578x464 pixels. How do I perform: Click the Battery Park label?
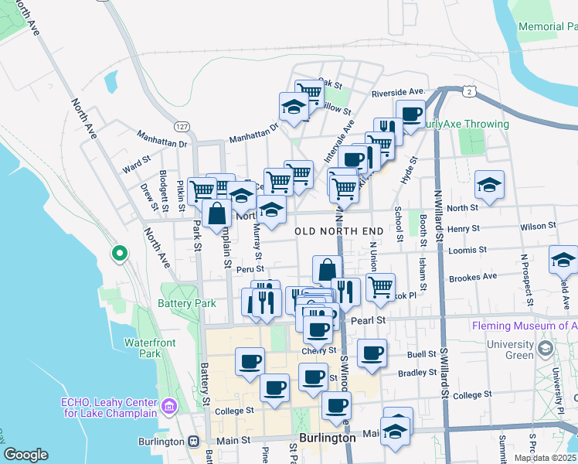coord(187,304)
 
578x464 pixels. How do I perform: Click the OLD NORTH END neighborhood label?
coord(339,231)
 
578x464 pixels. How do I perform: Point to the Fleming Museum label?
coord(524,326)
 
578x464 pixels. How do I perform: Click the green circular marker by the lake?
coord(119,253)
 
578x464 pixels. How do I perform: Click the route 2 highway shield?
coord(470,91)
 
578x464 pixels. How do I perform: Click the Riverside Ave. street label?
coord(398,92)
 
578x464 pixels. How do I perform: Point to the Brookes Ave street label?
coord(472,276)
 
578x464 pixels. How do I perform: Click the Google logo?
coord(25,455)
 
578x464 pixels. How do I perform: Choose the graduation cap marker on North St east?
coord(489,186)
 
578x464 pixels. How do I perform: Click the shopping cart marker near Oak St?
coord(308,94)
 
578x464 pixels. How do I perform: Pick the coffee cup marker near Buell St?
coord(372,353)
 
